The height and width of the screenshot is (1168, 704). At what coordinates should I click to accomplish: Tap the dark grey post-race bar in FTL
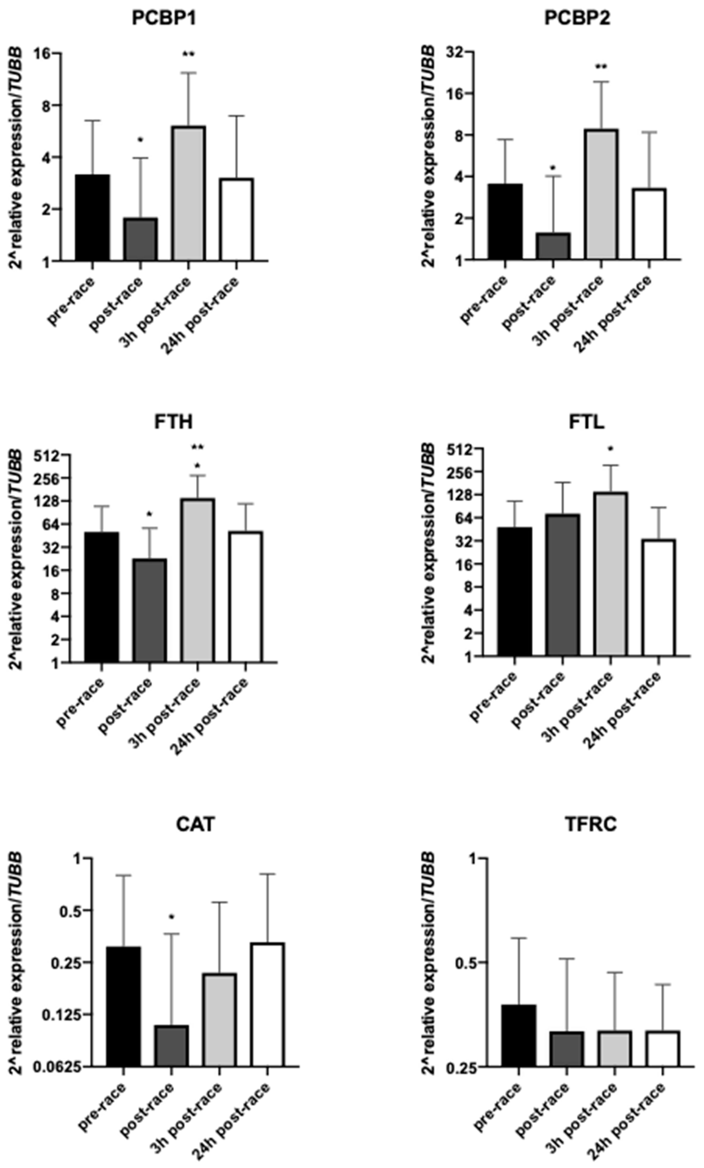tap(562, 585)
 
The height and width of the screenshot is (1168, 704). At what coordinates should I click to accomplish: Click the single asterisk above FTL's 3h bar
tap(611, 448)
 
